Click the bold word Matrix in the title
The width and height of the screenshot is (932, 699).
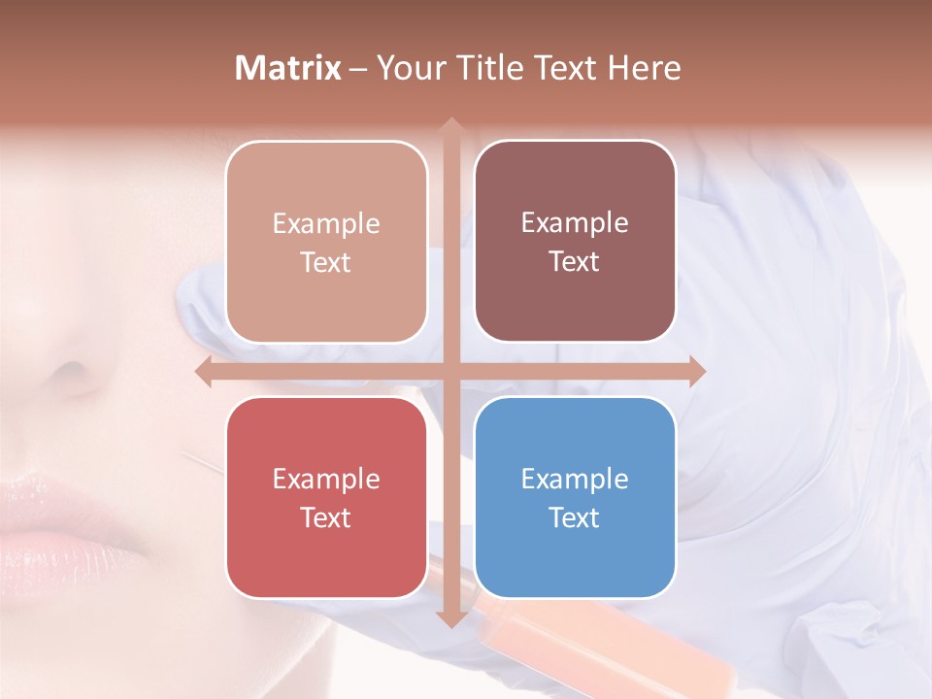288,68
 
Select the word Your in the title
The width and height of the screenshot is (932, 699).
407,68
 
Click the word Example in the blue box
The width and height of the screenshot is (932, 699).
575,479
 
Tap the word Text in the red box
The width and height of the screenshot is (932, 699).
326,517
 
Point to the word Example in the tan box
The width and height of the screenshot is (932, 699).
326,223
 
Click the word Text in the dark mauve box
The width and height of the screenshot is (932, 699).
575,262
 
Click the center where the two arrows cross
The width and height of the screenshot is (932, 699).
450,372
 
